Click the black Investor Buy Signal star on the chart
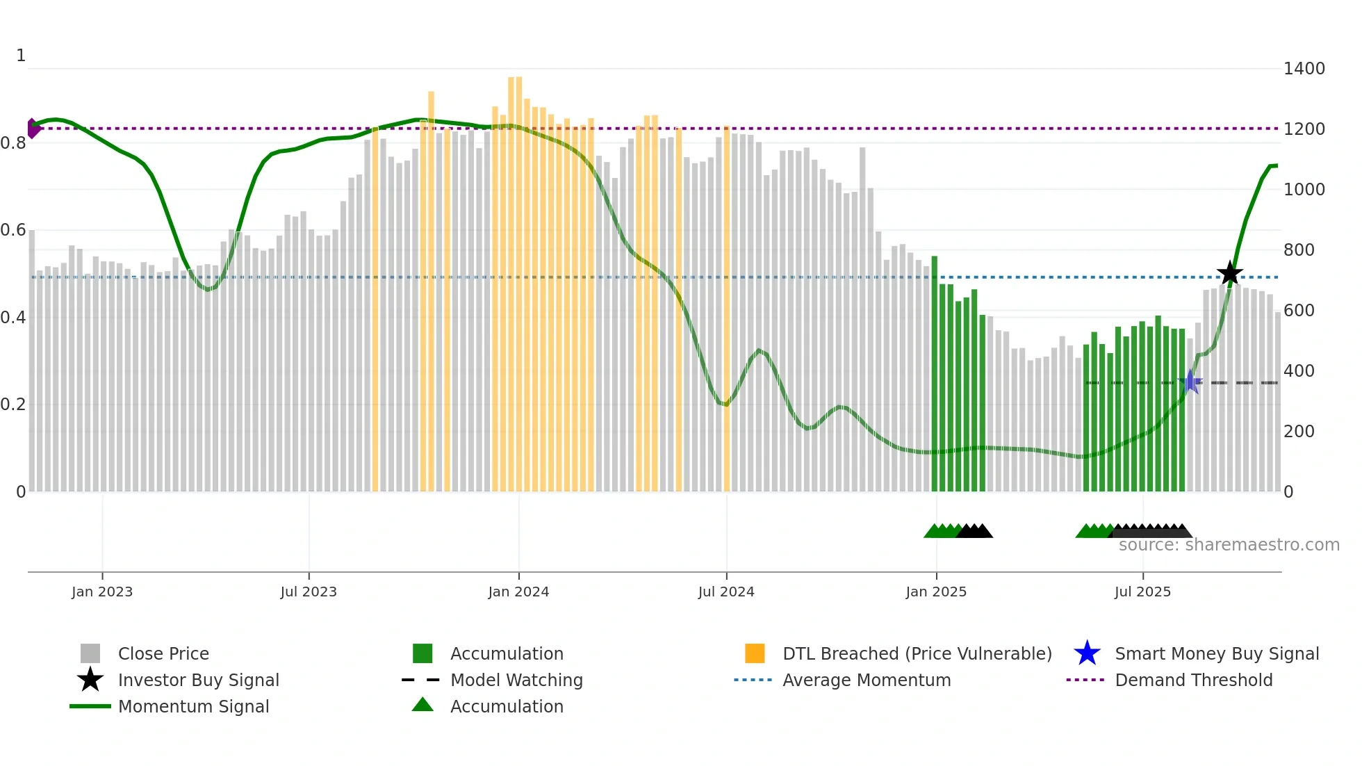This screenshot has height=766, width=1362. pyautogui.click(x=1229, y=273)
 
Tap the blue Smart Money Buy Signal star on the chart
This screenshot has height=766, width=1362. pyautogui.click(x=1190, y=382)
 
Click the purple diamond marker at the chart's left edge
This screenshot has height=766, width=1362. pyautogui.click(x=33, y=129)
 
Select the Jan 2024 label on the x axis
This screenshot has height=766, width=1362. pyautogui.click(x=518, y=592)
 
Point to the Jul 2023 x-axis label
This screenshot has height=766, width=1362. pyautogui.click(x=309, y=592)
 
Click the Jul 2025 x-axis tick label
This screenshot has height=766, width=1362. pyautogui.click(x=1142, y=592)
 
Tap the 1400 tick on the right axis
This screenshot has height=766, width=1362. pyautogui.click(x=1304, y=69)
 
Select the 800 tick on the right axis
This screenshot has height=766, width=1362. pyautogui.click(x=1299, y=250)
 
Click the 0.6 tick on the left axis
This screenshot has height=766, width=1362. pyautogui.click(x=13, y=230)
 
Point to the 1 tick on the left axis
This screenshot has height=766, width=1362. pyautogui.click(x=21, y=56)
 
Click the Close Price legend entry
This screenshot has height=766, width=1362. pyautogui.click(x=163, y=653)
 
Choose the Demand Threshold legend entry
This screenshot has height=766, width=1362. pyautogui.click(x=1193, y=680)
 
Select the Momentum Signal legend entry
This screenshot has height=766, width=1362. pyautogui.click(x=193, y=706)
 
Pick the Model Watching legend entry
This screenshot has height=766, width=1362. pyautogui.click(x=516, y=680)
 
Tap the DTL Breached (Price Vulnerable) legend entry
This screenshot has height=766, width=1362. pyautogui.click(x=917, y=653)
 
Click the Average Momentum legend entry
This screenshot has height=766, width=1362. pyautogui.click(x=867, y=680)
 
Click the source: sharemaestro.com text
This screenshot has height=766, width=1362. pyautogui.click(x=1229, y=545)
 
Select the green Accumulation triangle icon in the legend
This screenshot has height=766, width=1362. pyautogui.click(x=422, y=705)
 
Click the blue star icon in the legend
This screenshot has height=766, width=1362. pyautogui.click(x=1087, y=653)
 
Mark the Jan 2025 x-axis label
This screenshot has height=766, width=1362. pyautogui.click(x=936, y=592)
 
